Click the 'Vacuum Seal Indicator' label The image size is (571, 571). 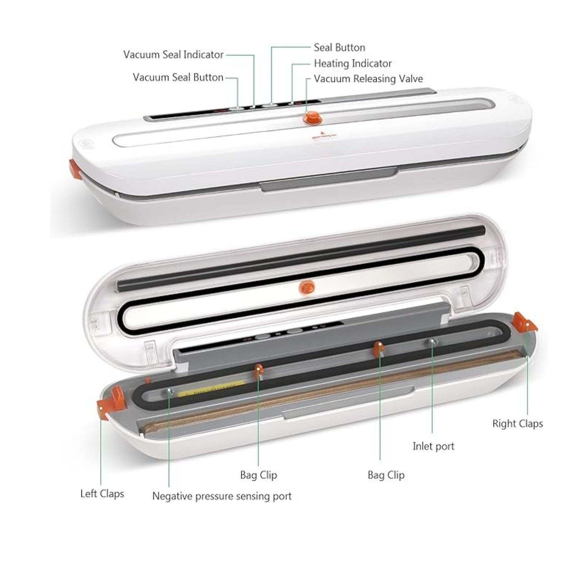tap(173, 55)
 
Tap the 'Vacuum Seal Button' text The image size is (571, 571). tap(178, 77)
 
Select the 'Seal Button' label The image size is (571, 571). tap(339, 48)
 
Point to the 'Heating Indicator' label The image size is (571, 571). tap(353, 64)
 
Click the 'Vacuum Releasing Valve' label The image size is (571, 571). tap(368, 79)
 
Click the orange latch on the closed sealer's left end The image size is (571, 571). tap(75, 170)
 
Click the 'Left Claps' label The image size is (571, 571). tap(102, 494)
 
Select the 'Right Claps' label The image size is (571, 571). tap(518, 423)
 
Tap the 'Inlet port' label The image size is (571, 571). tap(433, 446)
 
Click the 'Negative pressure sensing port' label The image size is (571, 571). tap(222, 496)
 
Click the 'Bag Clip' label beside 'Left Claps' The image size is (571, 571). tap(259, 475)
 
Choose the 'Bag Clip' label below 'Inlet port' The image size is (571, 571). tap(386, 475)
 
